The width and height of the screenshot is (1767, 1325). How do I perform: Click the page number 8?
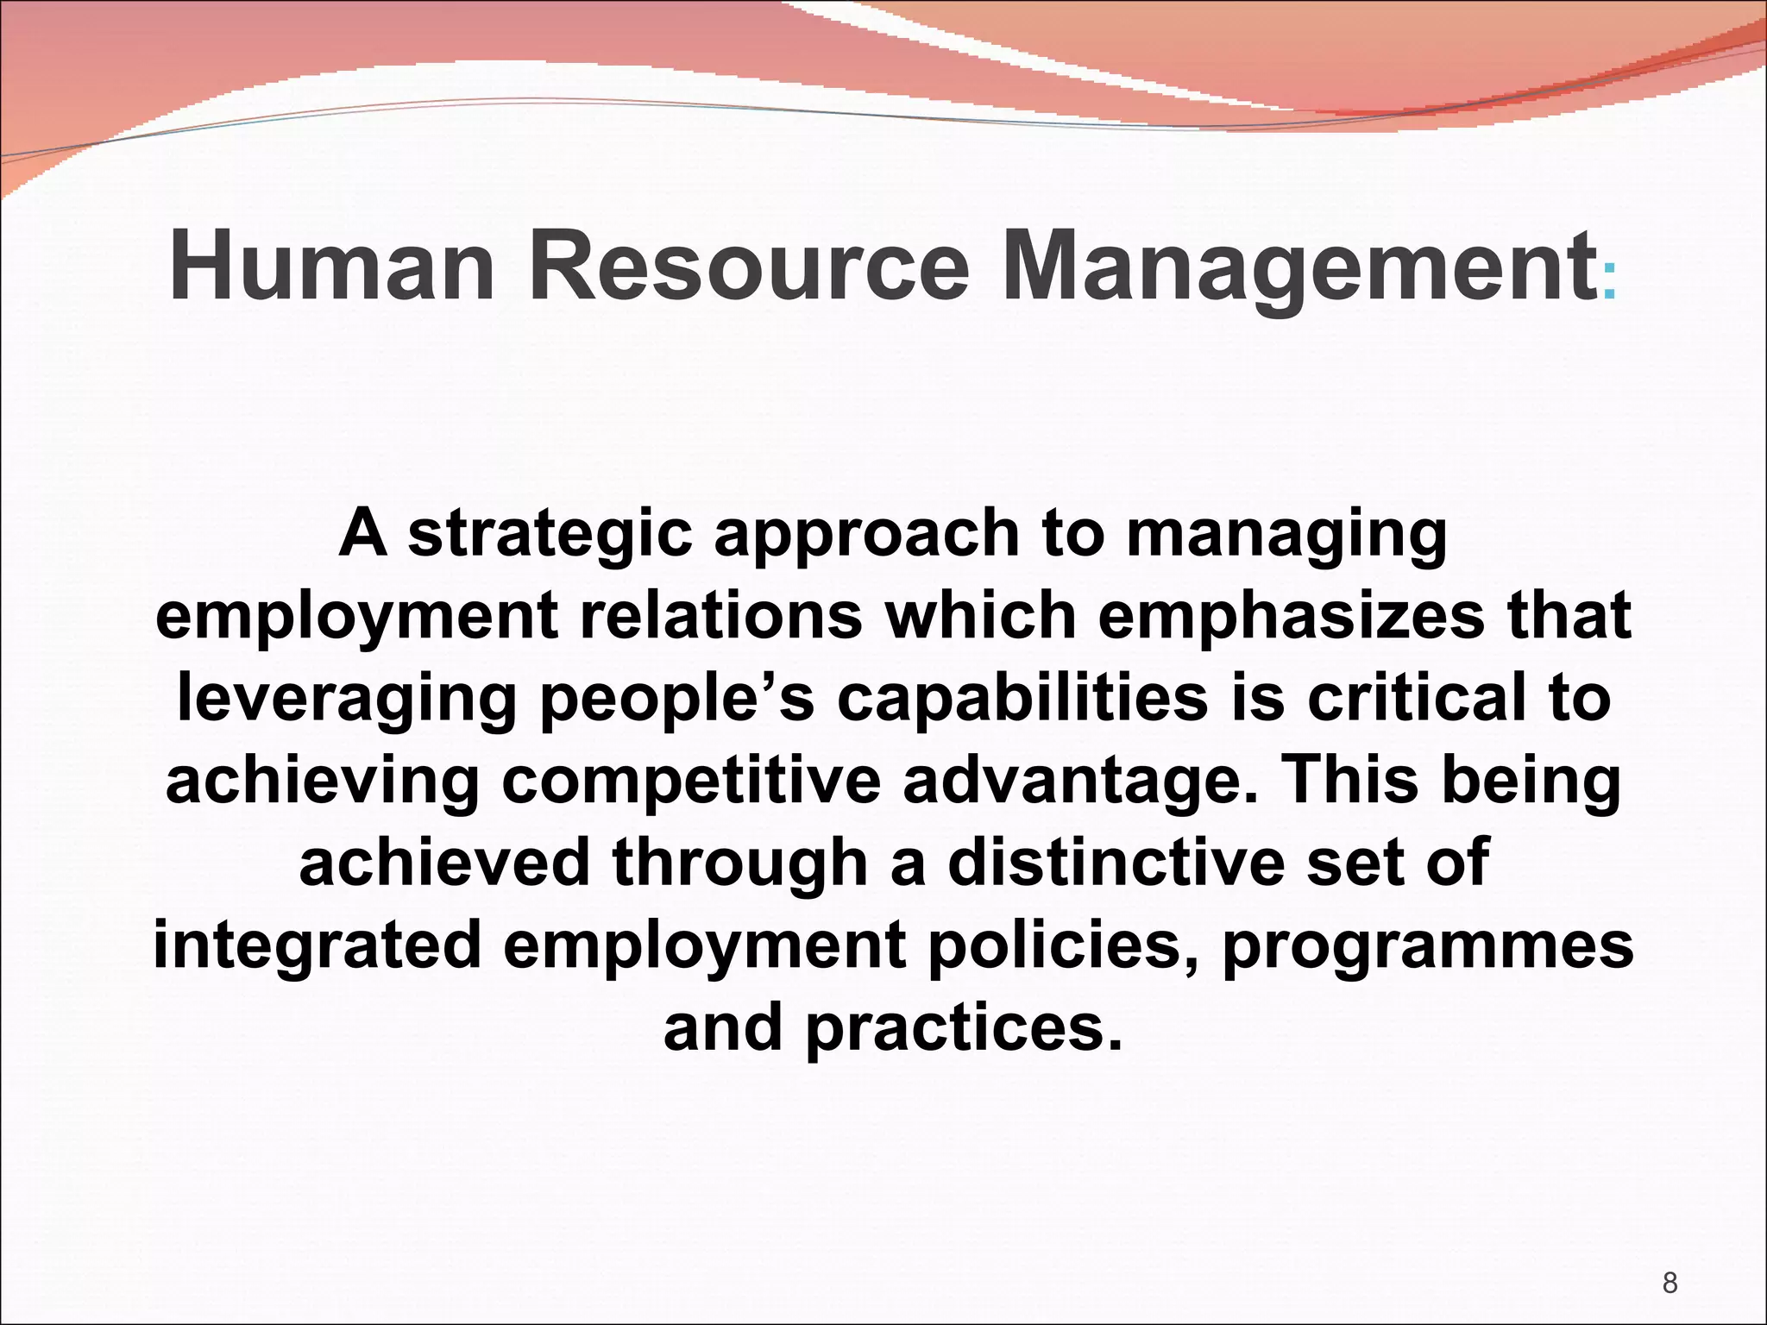pos(1670,1284)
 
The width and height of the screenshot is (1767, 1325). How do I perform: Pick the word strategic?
pos(550,535)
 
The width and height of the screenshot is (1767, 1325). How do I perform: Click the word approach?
pos(866,535)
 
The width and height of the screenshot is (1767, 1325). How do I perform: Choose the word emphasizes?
pos(1292,616)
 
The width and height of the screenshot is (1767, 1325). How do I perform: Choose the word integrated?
pos(317,945)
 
